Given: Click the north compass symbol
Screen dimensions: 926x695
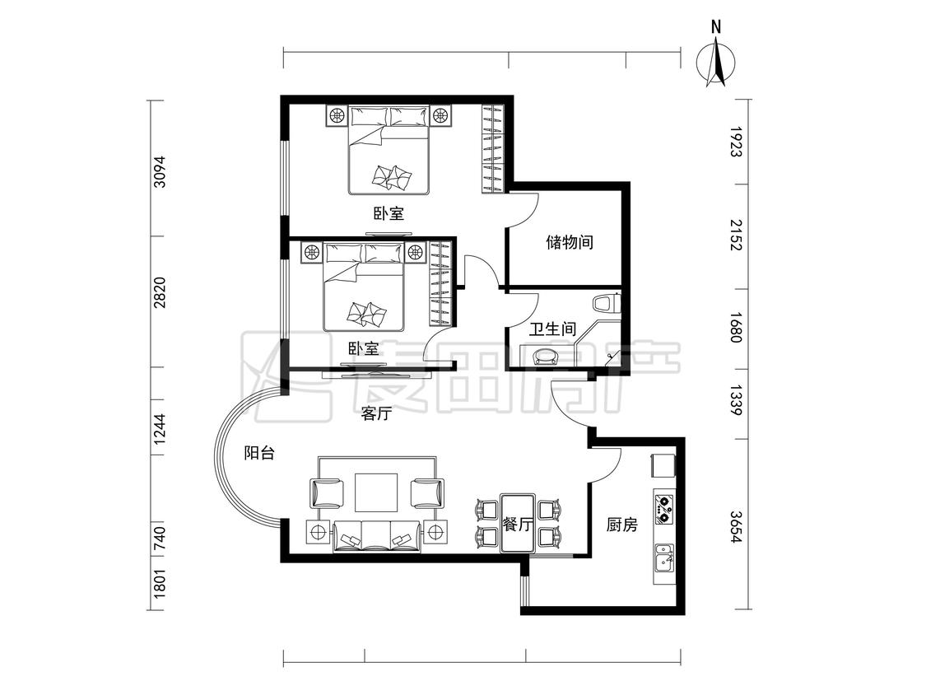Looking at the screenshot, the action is click(x=716, y=58).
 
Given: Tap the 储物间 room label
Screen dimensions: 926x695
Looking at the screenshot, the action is click(x=570, y=242).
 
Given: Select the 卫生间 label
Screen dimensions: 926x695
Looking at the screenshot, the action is click(x=551, y=329).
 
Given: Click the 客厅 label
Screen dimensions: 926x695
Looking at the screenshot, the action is click(x=376, y=413).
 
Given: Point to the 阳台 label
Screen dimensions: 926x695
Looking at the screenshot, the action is click(x=259, y=453).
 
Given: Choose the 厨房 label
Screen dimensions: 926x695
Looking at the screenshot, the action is click(x=622, y=525).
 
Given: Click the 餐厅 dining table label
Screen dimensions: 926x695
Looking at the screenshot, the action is click(x=518, y=525).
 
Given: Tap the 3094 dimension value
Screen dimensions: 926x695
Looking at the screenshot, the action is click(x=160, y=172).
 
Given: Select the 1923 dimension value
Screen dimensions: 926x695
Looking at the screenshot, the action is click(x=735, y=142).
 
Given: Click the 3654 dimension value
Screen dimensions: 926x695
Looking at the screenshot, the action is click(x=735, y=526).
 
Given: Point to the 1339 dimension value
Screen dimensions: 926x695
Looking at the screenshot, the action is click(x=735, y=400).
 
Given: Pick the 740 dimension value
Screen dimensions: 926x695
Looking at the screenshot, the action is click(x=160, y=539).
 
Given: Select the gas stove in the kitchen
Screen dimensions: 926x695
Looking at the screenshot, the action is click(x=664, y=508).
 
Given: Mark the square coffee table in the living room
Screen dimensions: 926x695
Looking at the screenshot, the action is click(x=376, y=492).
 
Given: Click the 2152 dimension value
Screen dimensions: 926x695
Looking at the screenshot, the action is click(x=735, y=236).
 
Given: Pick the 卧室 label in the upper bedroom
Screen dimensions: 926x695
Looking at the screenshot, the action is click(x=389, y=212).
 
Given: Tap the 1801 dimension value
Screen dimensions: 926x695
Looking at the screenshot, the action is click(x=160, y=583).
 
